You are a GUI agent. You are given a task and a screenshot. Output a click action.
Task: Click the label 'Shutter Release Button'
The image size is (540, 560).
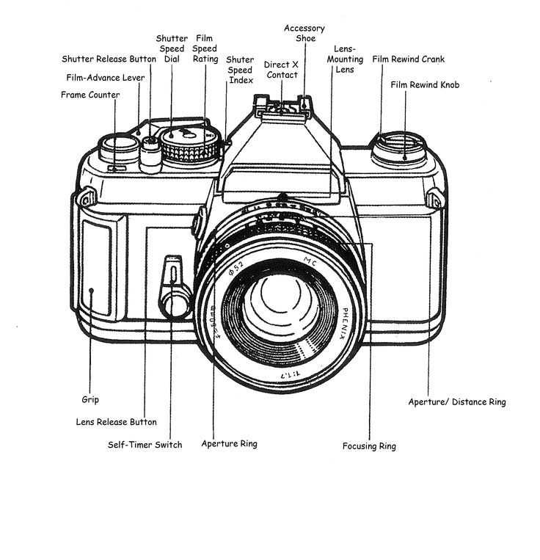(109, 59)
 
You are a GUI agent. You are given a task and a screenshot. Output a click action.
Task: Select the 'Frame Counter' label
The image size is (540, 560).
(90, 95)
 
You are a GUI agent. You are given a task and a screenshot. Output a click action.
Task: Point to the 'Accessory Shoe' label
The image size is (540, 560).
(304, 33)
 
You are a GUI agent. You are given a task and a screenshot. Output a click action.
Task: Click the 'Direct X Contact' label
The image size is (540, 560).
(282, 70)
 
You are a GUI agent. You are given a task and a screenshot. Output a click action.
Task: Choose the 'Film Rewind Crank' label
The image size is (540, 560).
(409, 59)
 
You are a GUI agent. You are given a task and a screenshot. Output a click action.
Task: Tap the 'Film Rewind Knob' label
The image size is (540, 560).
(426, 85)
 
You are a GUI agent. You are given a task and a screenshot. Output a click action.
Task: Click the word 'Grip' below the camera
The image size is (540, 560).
(90, 400)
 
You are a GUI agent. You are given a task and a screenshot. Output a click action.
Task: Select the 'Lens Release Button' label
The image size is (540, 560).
(117, 422)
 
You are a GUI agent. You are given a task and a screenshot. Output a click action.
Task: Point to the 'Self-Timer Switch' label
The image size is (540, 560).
(145, 444)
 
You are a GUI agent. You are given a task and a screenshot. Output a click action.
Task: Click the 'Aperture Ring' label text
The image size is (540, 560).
(229, 443)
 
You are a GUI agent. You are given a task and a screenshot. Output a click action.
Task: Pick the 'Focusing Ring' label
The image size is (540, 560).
(369, 446)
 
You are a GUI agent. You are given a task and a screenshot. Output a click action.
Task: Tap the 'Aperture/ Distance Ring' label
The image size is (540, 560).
(456, 401)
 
